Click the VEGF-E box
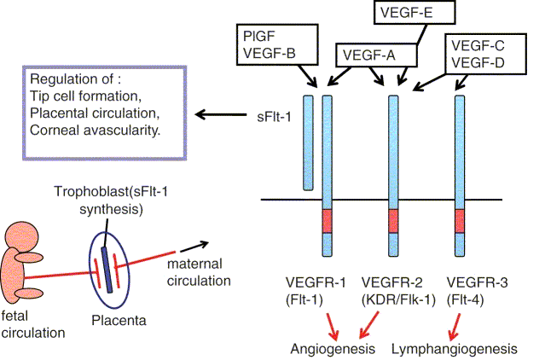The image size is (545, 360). pyautogui.click(x=415, y=13)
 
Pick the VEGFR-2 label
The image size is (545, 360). pyautogui.click(x=393, y=282)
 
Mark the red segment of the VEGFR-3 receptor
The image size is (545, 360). pyautogui.click(x=461, y=221)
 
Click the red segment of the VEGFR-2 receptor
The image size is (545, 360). pyautogui.click(x=394, y=221)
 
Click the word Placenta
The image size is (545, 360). pyautogui.click(x=119, y=322)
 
